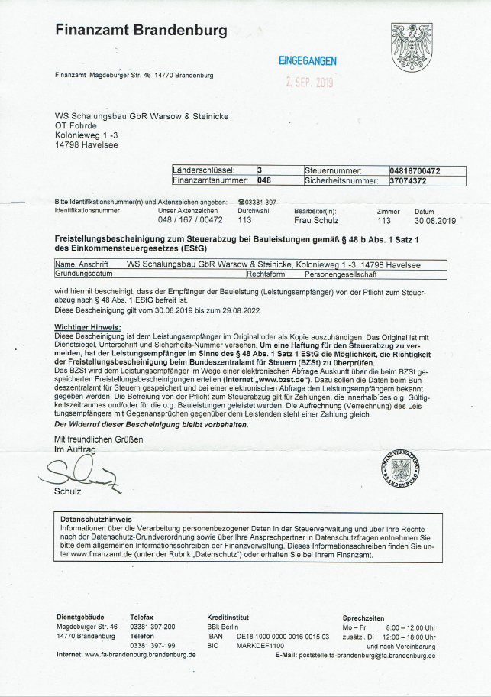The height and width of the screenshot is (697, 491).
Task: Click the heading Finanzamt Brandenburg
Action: point(141,31)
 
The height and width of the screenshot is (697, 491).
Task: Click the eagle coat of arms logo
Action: point(412,47)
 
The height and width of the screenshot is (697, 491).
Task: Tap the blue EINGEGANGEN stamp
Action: point(306,61)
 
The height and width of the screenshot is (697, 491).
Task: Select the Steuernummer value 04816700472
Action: point(415,170)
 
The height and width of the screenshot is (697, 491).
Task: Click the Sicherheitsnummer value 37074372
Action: point(407,181)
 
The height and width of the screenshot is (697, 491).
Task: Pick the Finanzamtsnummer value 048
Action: point(263,181)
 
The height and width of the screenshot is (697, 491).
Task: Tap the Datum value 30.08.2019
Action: point(434,220)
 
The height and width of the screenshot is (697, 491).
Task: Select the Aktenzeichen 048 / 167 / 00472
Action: point(189,220)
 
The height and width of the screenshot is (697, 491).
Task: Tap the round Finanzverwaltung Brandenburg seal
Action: point(402,468)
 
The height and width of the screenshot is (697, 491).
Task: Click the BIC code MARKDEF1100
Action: point(260,645)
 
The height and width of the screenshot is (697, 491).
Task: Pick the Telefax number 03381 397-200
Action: point(153,627)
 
